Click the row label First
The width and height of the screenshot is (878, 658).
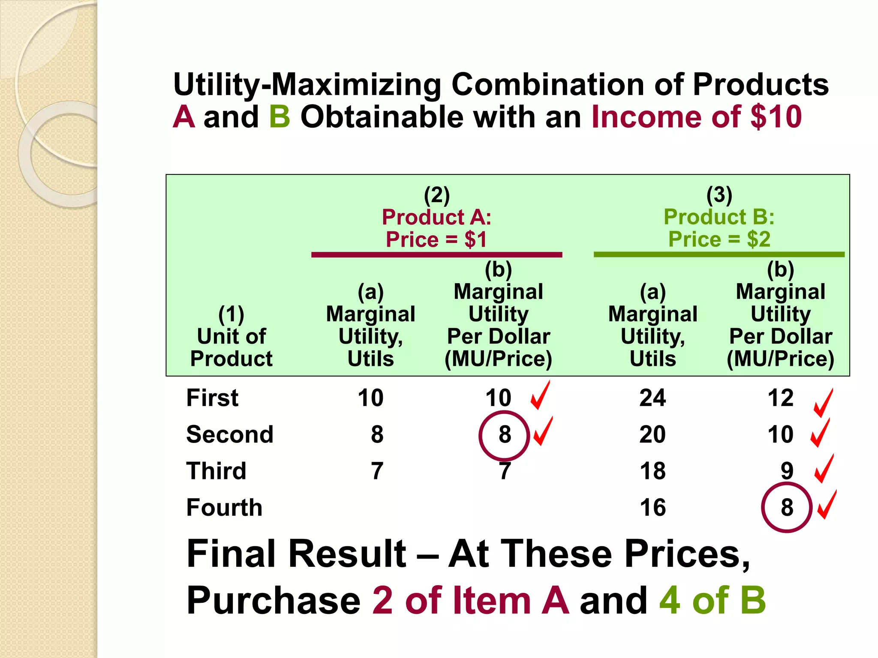click(212, 398)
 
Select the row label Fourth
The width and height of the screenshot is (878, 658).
click(224, 508)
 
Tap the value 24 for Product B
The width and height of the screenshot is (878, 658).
click(652, 398)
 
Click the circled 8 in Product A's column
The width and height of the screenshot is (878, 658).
click(505, 435)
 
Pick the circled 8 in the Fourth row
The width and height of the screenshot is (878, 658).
click(787, 508)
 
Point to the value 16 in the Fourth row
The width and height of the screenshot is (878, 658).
click(652, 508)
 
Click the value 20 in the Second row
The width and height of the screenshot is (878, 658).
click(652, 435)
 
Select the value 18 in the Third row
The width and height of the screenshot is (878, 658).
click(652, 471)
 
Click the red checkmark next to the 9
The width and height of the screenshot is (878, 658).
click(824, 469)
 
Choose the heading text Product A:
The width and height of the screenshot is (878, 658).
click(436, 217)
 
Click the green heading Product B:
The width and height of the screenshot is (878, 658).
click(719, 217)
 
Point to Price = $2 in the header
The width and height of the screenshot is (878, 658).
click(719, 239)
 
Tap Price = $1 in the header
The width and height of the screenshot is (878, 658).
click(436, 239)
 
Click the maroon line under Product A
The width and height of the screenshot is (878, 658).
click(436, 255)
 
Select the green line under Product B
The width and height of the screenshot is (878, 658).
click(719, 255)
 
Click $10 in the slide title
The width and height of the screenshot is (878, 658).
click(776, 117)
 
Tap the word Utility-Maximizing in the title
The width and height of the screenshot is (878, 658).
click(307, 84)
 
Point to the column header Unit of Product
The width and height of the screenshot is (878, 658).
click(232, 347)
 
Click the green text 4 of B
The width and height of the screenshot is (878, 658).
click(713, 601)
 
